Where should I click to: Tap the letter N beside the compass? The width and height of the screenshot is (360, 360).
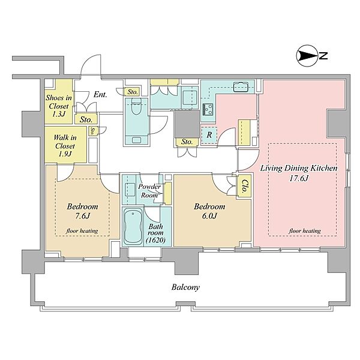(323, 56)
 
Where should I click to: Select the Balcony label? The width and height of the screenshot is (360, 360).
(185, 287)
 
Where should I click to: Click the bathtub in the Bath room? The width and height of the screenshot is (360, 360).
(133, 227)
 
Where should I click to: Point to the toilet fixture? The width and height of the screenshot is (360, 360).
(136, 107)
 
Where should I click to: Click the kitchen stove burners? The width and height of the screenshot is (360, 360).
(208, 109)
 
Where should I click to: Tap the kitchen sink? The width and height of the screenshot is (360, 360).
(241, 87)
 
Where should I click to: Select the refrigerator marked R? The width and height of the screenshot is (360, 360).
(209, 135)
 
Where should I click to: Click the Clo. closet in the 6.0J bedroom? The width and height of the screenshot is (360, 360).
(245, 186)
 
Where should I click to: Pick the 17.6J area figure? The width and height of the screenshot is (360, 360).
(298, 178)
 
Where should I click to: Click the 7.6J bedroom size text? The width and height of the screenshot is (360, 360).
(82, 216)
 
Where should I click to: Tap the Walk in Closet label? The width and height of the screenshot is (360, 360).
(65, 146)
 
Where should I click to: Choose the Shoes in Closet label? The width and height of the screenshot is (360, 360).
(59, 106)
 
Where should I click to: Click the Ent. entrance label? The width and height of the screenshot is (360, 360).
(100, 94)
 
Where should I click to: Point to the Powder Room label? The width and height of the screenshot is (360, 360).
(149, 191)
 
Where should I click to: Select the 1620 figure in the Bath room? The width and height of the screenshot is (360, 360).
(155, 240)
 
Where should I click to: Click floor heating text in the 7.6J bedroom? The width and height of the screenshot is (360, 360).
(82, 231)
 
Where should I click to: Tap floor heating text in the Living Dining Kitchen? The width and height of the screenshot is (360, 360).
(305, 231)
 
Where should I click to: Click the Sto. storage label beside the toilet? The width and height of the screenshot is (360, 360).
(133, 92)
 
